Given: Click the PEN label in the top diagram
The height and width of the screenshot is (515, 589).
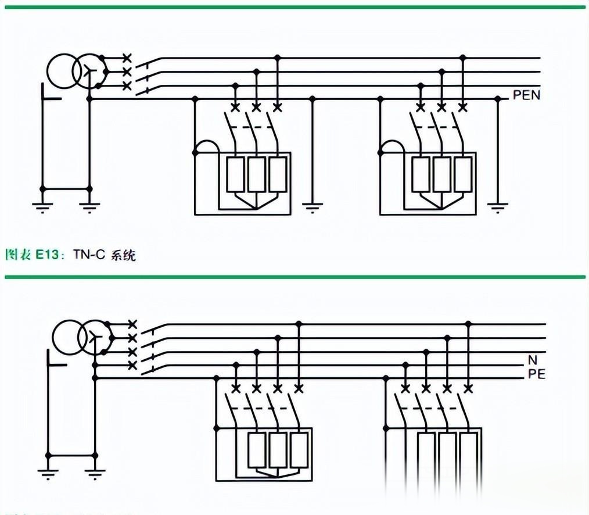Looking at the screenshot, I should click(526, 95).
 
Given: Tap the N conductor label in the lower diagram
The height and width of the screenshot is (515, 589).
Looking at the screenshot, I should click(533, 360).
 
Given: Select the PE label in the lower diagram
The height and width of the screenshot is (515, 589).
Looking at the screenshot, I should click(537, 374).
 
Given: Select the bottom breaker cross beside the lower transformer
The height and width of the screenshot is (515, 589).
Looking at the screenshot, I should click(132, 365).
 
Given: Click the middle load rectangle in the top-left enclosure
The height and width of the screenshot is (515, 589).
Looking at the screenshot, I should click(256, 174).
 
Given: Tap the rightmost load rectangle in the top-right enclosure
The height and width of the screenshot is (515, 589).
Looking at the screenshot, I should click(462, 174).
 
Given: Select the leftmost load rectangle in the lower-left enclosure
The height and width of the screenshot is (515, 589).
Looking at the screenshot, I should click(256, 450).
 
